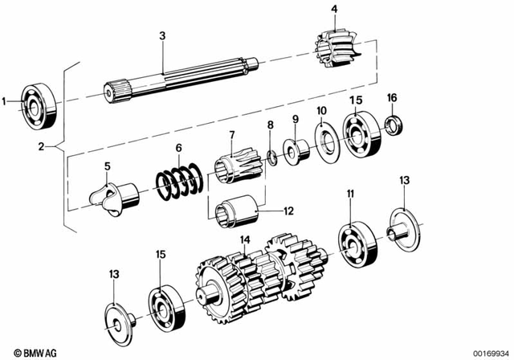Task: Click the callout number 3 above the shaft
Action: tap(162, 35)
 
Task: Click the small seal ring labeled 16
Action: tap(392, 124)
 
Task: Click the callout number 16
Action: tap(392, 97)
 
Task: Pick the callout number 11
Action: tap(350, 194)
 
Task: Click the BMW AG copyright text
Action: tap(31, 351)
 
